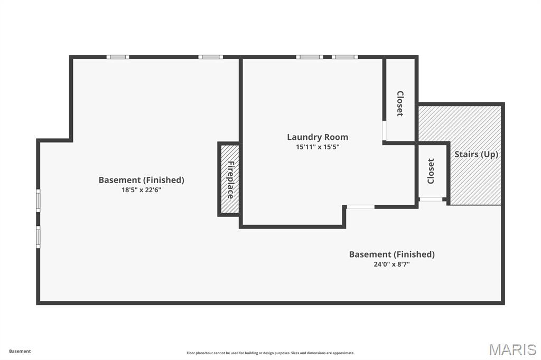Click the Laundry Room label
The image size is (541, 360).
tap(318, 137)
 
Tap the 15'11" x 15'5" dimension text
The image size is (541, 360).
tap(318, 147)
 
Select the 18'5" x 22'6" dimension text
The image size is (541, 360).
tap(141, 190)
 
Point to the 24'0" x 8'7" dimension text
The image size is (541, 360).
tap(391, 264)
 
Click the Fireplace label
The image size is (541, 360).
tap(231, 179)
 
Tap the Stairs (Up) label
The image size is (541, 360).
tap(476, 154)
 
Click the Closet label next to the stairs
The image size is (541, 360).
tap(431, 171)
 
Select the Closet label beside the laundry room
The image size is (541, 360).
tap(400, 103)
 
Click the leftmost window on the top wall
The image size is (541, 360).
tap(118, 57)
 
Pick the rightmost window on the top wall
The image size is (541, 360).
tap(344, 57)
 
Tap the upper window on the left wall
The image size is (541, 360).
tap(38, 201)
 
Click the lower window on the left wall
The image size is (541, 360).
tap(38, 237)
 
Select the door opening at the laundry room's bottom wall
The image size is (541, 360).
tap(360, 207)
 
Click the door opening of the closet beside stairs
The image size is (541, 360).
tap(431, 200)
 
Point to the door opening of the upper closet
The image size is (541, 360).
tap(384, 130)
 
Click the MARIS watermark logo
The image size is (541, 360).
tap(512, 349)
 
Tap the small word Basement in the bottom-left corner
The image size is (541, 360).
tap(20, 352)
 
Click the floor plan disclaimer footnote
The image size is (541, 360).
tap(270, 353)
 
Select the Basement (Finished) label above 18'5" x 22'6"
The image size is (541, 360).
tap(141, 180)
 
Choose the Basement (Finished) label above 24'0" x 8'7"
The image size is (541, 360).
tap(391, 254)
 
